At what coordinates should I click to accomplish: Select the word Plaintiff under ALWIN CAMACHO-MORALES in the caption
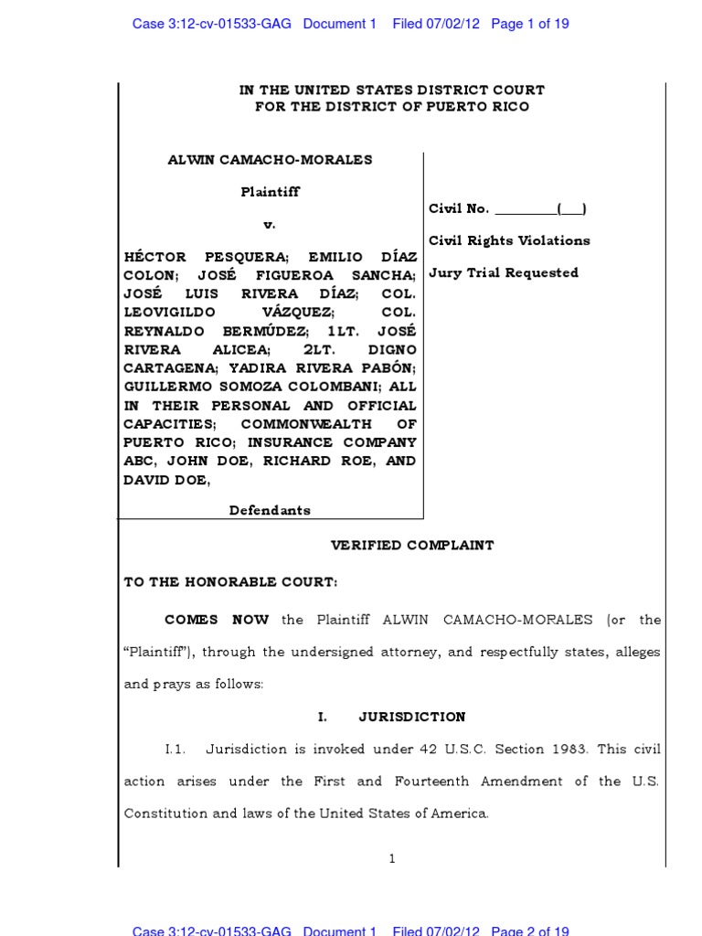click(270, 192)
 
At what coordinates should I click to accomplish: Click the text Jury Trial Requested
click(504, 273)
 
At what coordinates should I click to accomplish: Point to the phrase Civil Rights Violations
click(509, 241)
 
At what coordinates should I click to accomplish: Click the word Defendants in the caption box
click(270, 511)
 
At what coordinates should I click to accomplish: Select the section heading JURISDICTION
click(413, 718)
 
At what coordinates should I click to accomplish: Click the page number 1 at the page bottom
click(392, 858)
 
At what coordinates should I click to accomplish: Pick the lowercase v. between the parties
click(270, 224)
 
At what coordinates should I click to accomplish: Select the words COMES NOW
click(217, 620)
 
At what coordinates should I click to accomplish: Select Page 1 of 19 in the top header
click(530, 25)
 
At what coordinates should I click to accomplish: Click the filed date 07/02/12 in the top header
click(455, 25)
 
